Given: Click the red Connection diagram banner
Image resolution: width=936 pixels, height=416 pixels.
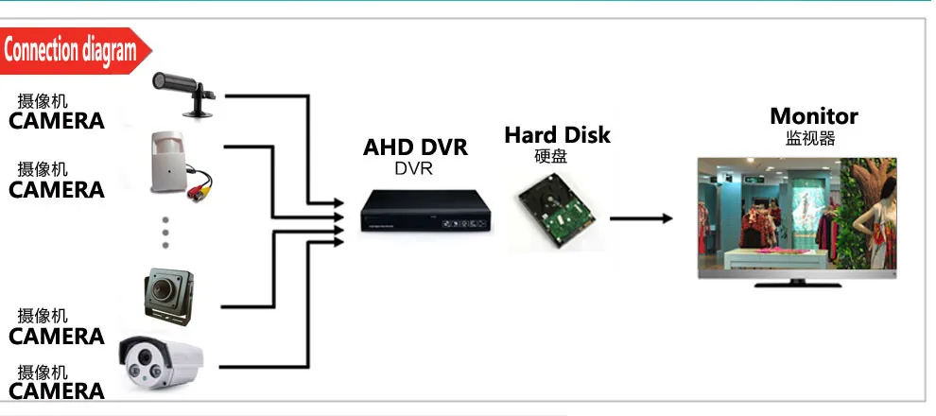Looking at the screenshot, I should click(x=74, y=50).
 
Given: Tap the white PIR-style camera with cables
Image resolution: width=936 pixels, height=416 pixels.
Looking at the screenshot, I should click(x=170, y=161).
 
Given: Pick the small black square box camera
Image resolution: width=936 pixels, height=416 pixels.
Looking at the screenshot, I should click(x=168, y=295).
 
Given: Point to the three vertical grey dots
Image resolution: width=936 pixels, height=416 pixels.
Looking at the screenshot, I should click(x=165, y=231).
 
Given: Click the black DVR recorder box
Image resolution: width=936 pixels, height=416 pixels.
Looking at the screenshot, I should click(x=427, y=213).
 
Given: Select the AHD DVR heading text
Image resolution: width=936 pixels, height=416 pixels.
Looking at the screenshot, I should click(x=416, y=147).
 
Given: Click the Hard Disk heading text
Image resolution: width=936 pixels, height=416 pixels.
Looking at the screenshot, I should click(x=557, y=135).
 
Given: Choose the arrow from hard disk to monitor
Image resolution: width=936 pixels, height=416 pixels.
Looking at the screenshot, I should click(x=640, y=218).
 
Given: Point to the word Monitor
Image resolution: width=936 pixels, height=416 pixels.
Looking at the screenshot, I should click(x=814, y=116).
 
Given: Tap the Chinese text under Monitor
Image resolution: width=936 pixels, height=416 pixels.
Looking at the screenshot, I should click(x=810, y=138).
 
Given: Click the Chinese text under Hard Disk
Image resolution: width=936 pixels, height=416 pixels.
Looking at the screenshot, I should click(x=551, y=156).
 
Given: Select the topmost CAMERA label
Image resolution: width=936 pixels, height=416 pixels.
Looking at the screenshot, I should click(x=57, y=121).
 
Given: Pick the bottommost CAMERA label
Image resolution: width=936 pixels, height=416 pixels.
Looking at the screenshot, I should click(x=57, y=390).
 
